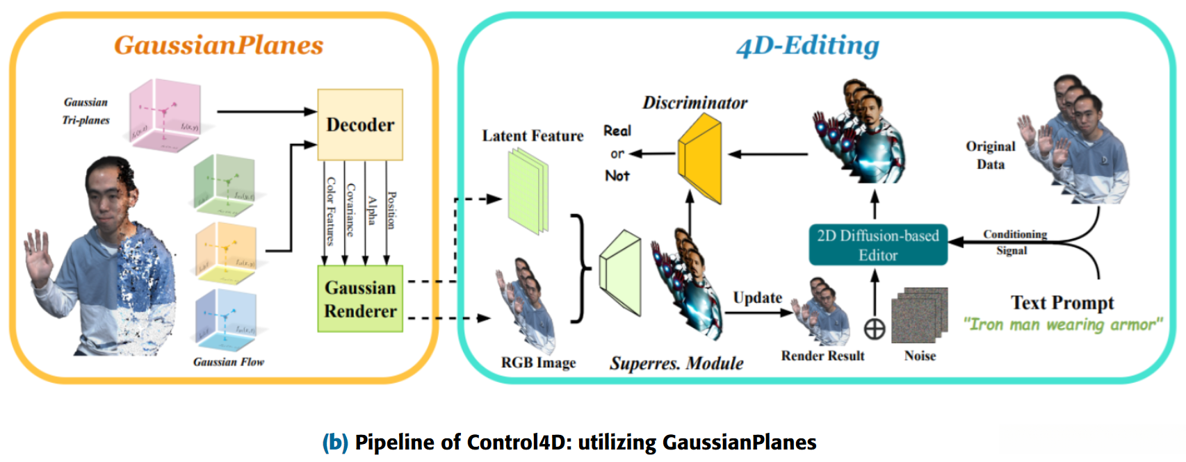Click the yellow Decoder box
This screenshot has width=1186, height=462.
359,124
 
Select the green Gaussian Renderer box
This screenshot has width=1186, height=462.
360,299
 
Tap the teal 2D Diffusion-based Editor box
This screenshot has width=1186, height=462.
877,245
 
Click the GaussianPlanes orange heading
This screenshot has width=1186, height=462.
218,45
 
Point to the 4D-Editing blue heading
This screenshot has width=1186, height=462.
807,46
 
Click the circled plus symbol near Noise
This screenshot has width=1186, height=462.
875,329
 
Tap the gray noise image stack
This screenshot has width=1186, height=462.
919,316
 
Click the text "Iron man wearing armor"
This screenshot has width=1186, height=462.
1062,325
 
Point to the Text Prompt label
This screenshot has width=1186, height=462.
1062,303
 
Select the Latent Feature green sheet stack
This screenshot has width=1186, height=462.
528,192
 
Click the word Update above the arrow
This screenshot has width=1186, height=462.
757,298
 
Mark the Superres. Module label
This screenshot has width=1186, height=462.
676,363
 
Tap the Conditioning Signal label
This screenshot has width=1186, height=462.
1014,242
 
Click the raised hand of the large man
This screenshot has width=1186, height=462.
39,257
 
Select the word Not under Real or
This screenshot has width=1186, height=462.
617,176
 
